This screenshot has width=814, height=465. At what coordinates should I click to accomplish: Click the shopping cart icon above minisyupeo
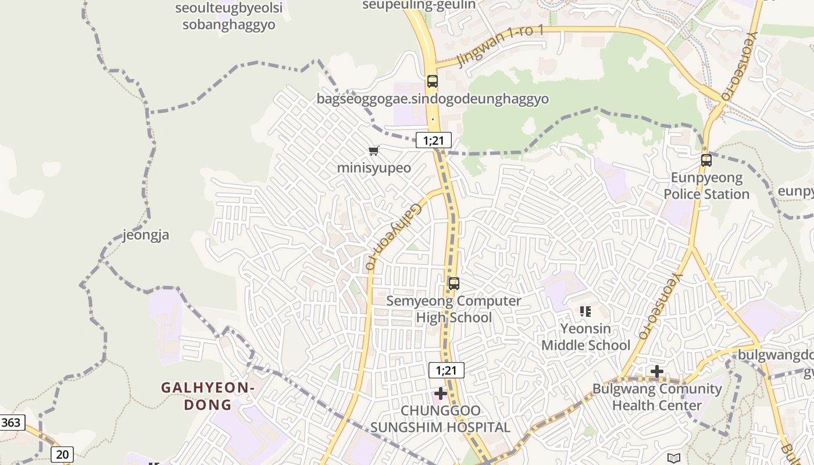point(373,151)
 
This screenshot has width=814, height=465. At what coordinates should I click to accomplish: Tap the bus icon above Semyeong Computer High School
point(454,284)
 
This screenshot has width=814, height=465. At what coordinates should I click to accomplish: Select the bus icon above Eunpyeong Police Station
point(706,160)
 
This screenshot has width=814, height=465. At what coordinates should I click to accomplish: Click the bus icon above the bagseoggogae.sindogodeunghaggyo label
point(432,81)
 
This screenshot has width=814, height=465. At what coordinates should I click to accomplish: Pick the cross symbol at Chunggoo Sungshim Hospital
point(441,394)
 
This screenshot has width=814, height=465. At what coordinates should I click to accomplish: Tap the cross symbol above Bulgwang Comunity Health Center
point(657,371)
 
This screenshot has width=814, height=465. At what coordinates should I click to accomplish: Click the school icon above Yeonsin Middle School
point(585,312)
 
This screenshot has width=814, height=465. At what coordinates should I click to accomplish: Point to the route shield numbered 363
point(11,423)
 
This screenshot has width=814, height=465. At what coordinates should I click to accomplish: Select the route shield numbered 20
point(62,454)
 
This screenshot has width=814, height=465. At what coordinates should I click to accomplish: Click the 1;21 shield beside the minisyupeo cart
point(434,140)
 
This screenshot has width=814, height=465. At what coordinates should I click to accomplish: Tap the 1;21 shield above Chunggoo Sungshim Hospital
point(447,370)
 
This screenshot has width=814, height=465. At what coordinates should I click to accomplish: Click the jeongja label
point(146,235)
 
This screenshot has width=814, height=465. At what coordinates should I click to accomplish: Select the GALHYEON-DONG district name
point(208,396)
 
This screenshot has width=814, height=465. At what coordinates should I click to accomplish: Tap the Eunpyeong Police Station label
point(706,186)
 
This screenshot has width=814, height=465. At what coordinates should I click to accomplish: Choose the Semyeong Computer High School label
point(454,309)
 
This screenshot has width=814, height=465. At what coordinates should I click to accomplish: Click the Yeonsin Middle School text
point(585,337)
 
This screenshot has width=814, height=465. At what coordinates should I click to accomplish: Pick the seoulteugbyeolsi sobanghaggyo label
point(229,16)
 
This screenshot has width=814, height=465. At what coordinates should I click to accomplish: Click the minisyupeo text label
point(374,168)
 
